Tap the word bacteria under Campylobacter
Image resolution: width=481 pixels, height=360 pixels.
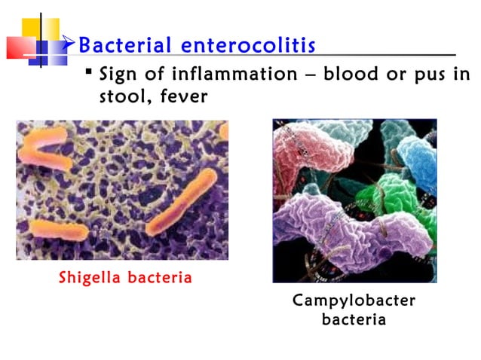pyautogui.click(x=354, y=319)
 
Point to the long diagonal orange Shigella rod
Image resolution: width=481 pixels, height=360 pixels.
pyautogui.click(x=181, y=202)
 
